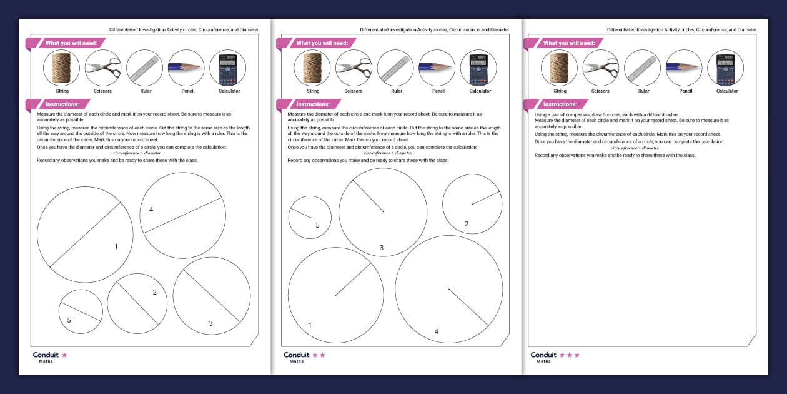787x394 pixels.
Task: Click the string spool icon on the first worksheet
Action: point(61,68)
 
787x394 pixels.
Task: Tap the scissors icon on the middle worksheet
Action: point(354,68)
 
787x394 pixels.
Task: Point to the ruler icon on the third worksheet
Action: point(643,68)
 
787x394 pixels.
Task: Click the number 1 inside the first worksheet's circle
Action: point(116,246)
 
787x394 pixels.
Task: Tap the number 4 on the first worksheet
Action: point(151,210)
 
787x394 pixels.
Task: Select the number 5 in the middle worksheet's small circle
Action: point(317,225)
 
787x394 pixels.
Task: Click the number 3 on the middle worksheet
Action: point(382,248)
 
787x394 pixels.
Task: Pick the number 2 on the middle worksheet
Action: point(466,224)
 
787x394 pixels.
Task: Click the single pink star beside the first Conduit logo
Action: point(64,355)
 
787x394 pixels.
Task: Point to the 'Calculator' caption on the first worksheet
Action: point(229,91)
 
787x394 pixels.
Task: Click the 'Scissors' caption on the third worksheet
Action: point(600,91)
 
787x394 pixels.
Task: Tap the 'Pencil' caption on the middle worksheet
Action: point(438,91)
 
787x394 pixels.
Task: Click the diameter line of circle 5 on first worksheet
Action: point(81,311)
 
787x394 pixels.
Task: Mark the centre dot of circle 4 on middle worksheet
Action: point(448,289)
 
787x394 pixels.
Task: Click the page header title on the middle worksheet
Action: point(434,29)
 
